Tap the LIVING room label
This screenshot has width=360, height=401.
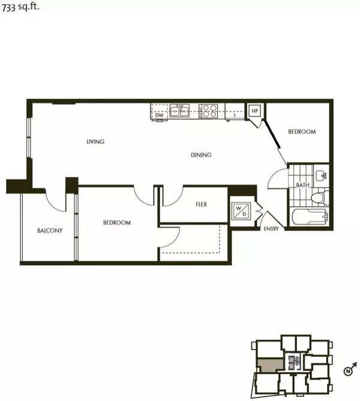coord(95,142)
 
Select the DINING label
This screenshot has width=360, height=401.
coord(202,155)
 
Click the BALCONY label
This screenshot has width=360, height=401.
coord(50,230)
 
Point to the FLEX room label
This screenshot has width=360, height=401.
coord(201,204)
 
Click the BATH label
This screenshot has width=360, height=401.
coord(302,185)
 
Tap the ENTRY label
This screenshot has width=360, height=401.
coord(271,229)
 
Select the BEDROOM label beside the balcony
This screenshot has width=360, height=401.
coord(117,223)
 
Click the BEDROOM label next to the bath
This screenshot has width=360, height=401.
coord(301,132)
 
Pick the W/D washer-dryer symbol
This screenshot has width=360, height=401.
coord(243,212)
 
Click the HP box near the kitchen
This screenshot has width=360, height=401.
coord(254,111)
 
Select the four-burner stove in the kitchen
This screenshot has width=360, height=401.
coord(208,110)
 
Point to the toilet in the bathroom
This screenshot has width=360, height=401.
coord(320,197)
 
